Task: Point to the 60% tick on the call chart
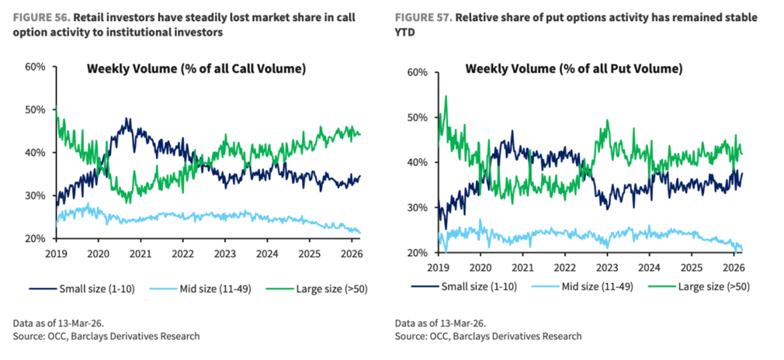(36, 67)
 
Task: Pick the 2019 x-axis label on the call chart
(56, 253)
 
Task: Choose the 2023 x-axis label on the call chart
(224, 253)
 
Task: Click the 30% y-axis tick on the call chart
(36, 196)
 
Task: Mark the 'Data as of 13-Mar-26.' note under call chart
(59, 322)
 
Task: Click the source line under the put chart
(488, 337)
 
